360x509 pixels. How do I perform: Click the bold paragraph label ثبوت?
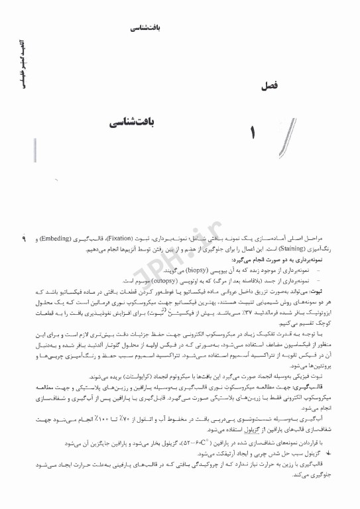click(330, 291)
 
